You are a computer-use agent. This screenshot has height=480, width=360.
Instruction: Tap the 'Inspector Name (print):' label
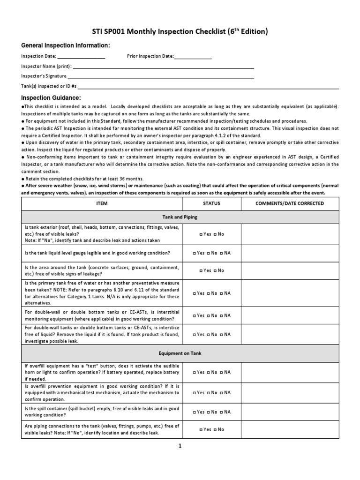coord(46,66)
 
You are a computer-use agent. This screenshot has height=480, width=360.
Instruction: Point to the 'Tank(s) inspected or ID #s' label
coord(49,86)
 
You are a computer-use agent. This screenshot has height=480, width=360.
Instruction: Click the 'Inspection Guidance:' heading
coord(51,97)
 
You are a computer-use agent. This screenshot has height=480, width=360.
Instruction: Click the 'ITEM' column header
coord(102,204)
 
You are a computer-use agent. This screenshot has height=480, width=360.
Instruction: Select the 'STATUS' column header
coord(212,204)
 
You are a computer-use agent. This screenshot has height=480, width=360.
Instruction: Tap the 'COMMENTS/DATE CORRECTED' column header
coord(289,204)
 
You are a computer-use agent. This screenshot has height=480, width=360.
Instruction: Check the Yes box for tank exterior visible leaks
coord(201,234)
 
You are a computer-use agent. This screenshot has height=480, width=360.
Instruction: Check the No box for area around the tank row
coord(215,270)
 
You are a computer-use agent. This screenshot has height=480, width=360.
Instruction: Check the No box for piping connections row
coord(215,429)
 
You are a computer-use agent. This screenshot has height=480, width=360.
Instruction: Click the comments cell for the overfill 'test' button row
coord(289,372)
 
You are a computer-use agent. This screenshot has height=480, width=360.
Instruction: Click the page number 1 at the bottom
coord(179,446)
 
